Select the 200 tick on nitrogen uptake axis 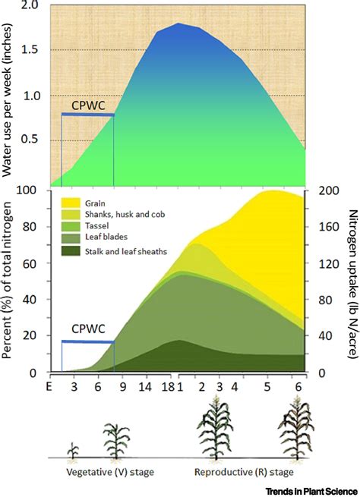[321, 191]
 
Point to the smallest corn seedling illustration [73, 450]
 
